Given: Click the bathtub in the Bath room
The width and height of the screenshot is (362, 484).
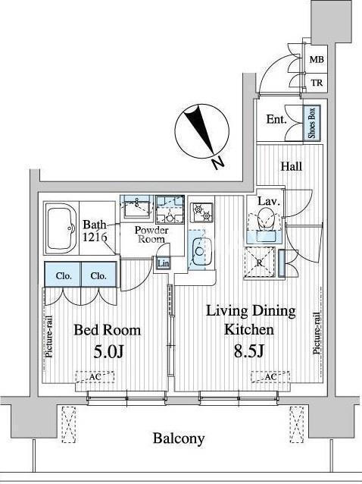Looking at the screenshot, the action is (62, 228).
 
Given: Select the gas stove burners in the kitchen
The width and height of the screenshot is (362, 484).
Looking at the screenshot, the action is (201, 212).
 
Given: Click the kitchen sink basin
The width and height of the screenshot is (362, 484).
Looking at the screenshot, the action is (200, 251).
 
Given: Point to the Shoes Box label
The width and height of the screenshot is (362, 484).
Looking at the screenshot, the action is (311, 123).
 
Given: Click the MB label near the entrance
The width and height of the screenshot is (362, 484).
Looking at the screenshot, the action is (317, 59).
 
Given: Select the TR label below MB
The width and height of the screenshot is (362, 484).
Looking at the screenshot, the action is (317, 83).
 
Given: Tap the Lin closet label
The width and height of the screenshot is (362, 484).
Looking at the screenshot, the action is (163, 263).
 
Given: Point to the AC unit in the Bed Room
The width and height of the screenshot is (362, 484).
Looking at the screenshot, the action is (95, 377).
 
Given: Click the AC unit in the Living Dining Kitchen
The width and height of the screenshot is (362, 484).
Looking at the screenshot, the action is (270, 376).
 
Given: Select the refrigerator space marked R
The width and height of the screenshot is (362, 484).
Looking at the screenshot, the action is (260, 263).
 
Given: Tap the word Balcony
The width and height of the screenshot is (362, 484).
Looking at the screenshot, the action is (179, 438).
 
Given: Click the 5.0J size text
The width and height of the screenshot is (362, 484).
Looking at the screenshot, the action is (108, 351).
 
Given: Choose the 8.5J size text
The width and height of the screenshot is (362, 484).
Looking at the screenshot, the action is (249, 351).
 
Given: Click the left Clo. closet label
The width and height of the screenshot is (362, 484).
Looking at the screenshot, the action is (64, 275).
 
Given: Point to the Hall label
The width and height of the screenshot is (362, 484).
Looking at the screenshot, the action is (291, 167).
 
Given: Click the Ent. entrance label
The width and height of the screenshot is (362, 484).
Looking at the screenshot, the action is (276, 119).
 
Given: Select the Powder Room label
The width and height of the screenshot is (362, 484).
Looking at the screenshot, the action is (151, 234).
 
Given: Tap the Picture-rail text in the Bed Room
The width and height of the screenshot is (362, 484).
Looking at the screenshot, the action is (48, 337).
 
